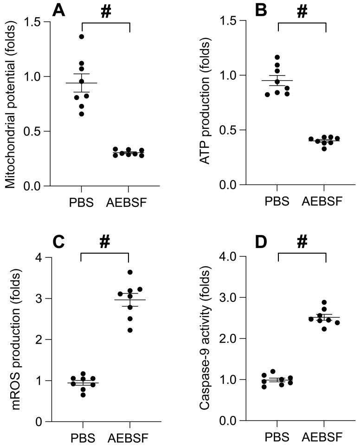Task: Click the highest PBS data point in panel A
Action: (82, 37)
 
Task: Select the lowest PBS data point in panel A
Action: (82, 114)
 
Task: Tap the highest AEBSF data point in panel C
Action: (130, 272)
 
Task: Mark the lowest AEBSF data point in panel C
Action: (130, 330)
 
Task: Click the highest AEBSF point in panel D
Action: (325, 302)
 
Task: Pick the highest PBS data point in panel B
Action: (278, 57)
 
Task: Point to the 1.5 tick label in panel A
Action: (32, 22)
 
